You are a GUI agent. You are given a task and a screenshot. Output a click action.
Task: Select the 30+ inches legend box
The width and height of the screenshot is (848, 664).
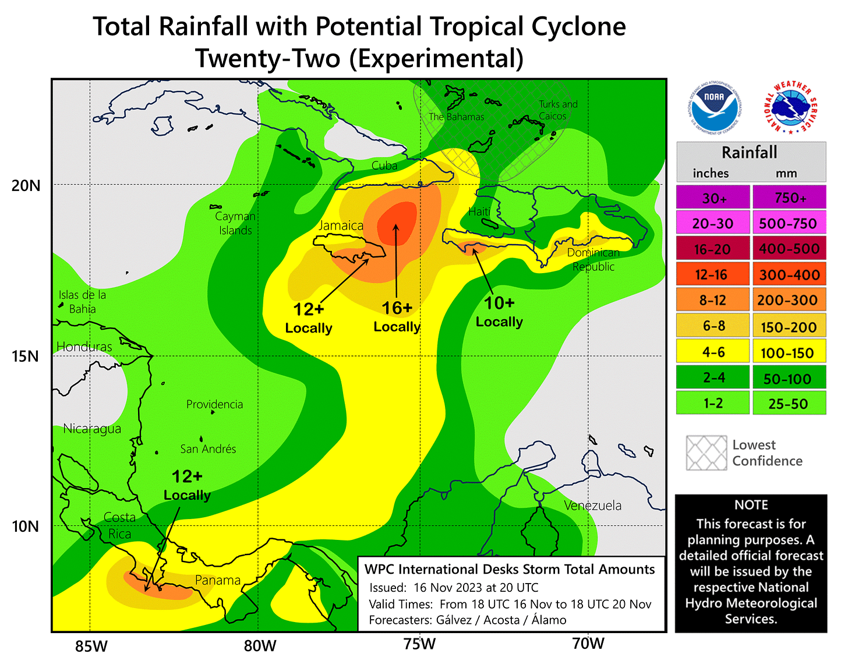point(713,198)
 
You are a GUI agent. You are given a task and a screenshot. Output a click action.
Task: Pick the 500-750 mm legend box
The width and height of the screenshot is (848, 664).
point(789,224)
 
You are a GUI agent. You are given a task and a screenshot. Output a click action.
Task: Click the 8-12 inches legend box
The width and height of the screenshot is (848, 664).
point(713,301)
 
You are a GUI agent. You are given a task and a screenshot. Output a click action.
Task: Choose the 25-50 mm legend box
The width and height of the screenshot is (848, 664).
point(789,403)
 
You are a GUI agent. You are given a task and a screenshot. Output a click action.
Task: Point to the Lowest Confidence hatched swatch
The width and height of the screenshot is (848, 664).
point(706,453)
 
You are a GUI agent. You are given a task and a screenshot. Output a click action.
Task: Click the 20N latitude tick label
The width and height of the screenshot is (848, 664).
point(26,186)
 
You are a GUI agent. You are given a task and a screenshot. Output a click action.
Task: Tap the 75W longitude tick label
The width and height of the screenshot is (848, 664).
point(420,644)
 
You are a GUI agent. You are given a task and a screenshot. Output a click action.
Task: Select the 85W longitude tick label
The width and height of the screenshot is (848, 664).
point(91,646)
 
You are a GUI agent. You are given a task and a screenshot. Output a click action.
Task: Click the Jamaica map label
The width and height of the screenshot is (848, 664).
point(341,225)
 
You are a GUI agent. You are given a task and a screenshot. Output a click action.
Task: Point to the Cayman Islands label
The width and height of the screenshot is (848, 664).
point(235,223)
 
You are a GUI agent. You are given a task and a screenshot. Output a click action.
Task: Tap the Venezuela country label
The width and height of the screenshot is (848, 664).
point(593,506)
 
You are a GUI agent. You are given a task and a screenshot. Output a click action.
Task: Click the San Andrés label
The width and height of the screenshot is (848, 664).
point(208,449)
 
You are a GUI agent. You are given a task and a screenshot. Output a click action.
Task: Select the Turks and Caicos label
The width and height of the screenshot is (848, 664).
point(557,110)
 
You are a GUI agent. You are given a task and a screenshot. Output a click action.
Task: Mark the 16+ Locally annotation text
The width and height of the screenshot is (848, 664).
point(397,317)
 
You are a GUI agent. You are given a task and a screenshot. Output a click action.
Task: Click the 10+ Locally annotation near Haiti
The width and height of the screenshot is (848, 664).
point(499,312)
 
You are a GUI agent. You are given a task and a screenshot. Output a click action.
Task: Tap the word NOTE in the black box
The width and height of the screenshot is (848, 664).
point(751,505)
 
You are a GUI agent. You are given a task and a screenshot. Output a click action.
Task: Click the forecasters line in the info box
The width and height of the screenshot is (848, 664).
point(467,620)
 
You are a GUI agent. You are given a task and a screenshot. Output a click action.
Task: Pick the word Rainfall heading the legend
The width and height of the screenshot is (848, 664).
point(750,153)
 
